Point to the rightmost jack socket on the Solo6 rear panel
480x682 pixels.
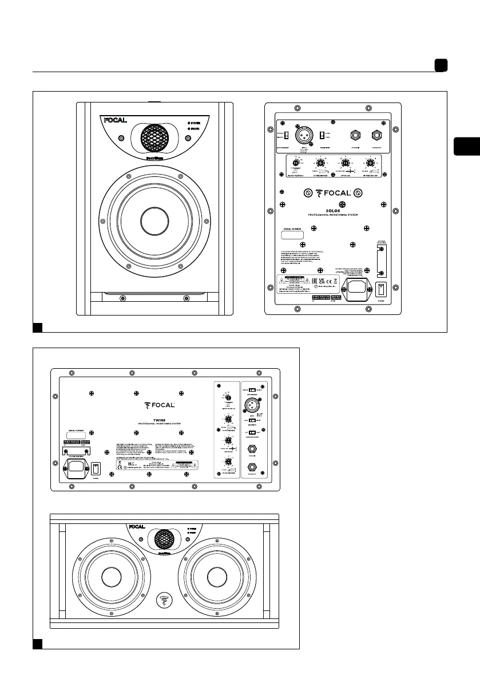377,136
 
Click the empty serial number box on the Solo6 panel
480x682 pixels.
293,235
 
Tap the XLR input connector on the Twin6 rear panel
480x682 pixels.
251,403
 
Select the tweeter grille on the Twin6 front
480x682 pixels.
161,539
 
